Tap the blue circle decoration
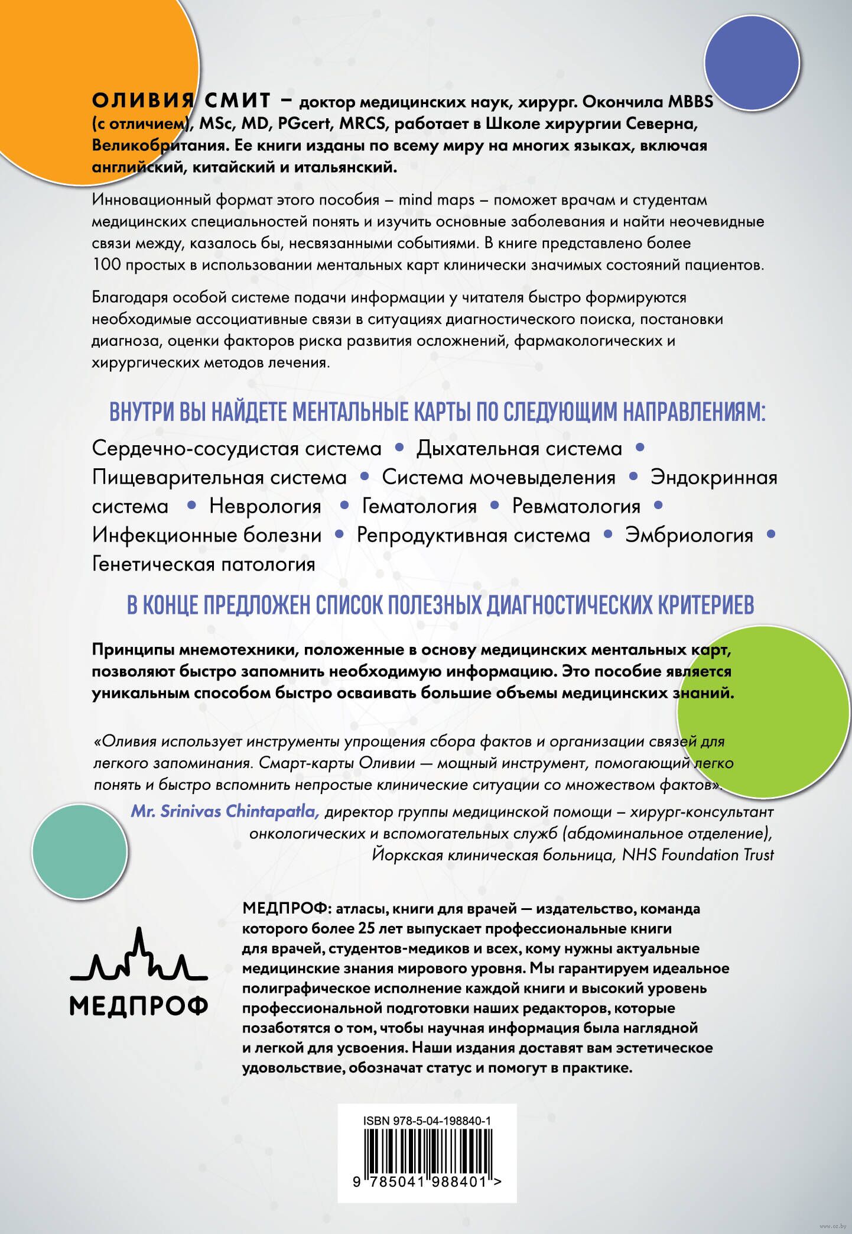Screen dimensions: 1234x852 click(x=752, y=63)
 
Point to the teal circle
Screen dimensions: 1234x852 click(x=80, y=851)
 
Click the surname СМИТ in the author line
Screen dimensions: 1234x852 click(x=238, y=101)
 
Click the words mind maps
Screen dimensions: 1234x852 click(x=437, y=200)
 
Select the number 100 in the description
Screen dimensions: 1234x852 click(x=106, y=264)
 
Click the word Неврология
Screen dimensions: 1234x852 click(x=265, y=506)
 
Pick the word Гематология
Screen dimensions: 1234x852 click(x=419, y=506)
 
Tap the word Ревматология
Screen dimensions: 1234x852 click(x=576, y=506)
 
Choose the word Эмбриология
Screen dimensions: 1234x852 click(x=689, y=535)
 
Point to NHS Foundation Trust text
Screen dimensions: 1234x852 click(x=698, y=854)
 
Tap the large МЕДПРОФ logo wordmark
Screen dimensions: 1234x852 click(x=139, y=1005)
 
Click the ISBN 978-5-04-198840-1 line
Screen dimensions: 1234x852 click(x=427, y=1120)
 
